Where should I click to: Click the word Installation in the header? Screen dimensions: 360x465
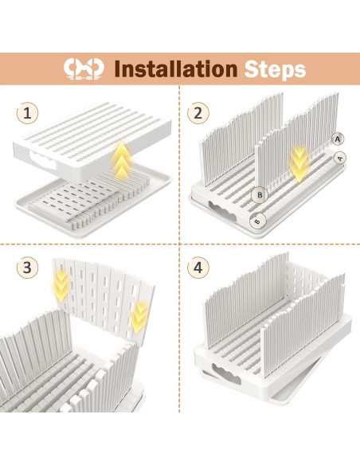pos(176,68)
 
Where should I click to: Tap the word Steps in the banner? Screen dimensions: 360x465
pos(275,70)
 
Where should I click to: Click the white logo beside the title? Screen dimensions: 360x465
pos(84,68)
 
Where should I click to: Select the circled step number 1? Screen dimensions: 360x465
pos(27,113)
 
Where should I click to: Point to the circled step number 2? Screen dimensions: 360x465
pos(198,113)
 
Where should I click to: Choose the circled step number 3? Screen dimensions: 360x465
pos(27,268)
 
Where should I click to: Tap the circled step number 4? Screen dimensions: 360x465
pos(198,268)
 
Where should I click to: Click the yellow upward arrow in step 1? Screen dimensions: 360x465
pos(121,161)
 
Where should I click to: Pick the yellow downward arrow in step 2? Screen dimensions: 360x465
pos(299,164)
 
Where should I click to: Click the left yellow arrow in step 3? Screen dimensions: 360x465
pos(61,285)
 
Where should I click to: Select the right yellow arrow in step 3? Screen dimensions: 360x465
pos(139,317)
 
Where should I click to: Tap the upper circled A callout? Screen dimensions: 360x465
pos(338,139)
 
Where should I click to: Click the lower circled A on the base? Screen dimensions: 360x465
pos(340,158)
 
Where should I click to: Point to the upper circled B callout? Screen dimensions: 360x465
pos(260,195)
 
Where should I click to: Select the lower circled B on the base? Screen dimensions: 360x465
pos(258,221)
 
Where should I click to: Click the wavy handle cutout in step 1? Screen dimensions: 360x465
pos(42,160)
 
